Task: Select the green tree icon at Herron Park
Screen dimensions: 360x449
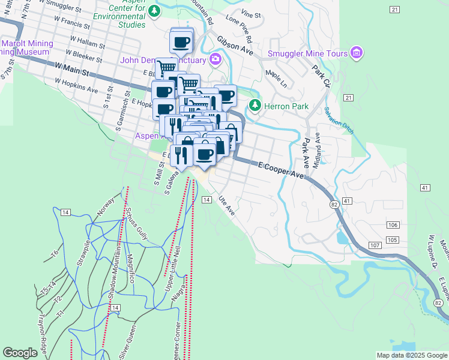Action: (255, 106)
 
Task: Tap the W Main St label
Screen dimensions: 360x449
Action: (71, 69)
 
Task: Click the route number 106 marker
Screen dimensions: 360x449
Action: (393, 224)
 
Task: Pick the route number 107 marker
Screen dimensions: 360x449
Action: (375, 246)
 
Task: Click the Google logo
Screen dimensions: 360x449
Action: (20, 353)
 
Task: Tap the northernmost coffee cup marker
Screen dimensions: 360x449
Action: (182, 42)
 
